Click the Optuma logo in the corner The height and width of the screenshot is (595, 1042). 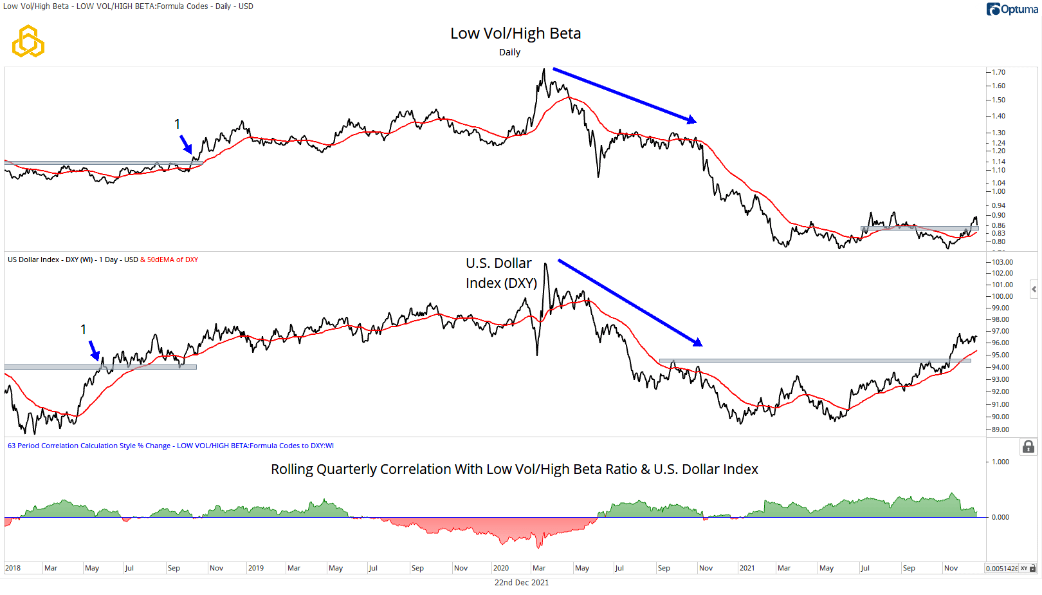(1012, 9)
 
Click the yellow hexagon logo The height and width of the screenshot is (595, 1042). (28, 41)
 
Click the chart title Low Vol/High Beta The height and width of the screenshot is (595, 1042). (515, 33)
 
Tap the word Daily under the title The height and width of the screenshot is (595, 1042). (509, 52)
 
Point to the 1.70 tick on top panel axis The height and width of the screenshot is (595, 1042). (998, 72)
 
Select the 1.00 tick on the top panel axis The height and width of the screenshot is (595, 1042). (998, 191)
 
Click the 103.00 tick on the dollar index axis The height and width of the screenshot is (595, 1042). (1001, 262)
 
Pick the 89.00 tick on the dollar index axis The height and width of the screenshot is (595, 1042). (1000, 430)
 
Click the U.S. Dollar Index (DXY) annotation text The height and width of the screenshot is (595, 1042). (500, 273)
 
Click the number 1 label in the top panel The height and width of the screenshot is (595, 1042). (178, 124)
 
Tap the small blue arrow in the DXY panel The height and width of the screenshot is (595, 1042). (94, 351)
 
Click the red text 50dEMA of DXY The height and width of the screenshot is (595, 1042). (172, 260)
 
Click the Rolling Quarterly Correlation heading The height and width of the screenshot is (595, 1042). (514, 469)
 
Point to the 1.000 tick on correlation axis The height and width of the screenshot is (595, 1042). (1000, 462)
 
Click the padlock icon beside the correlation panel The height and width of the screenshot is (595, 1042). (1028, 447)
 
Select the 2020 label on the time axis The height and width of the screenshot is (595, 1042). (500, 568)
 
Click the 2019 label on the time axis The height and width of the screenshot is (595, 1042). (255, 568)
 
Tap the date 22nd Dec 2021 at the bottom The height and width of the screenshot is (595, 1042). (521, 582)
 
